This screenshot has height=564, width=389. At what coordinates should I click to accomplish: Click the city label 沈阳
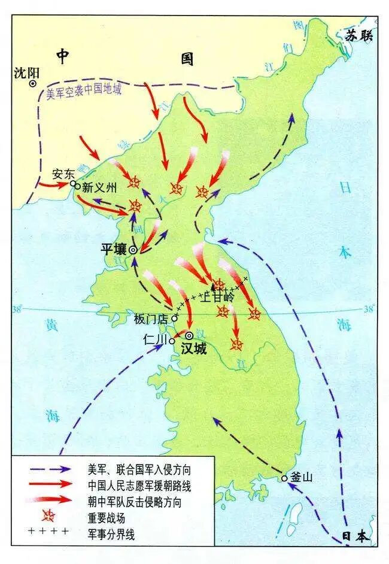point(26,73)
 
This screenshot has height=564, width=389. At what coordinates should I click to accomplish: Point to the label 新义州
point(98,187)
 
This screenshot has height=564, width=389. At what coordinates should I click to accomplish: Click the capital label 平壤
point(113,249)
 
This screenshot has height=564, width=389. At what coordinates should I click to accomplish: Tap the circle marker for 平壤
point(133,250)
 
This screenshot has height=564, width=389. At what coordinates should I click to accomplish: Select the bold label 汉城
point(193,349)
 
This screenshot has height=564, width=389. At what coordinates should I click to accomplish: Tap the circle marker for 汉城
point(190,336)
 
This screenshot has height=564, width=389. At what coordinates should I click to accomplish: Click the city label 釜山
point(301,477)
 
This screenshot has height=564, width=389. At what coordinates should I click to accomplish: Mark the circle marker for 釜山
point(284,478)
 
